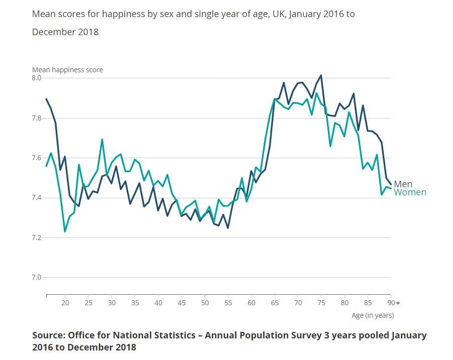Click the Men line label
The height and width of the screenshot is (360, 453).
[x=403, y=184]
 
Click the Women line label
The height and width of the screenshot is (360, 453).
[x=410, y=192]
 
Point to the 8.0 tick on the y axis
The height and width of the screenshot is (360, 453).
[x=38, y=78]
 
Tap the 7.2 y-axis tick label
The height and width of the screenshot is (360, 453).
[x=38, y=237]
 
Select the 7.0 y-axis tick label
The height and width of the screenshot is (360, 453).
[x=38, y=277]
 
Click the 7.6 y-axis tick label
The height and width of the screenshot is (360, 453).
[x=38, y=158]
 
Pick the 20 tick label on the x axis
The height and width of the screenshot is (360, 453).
[x=65, y=303]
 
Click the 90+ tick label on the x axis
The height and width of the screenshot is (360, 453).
[x=394, y=303]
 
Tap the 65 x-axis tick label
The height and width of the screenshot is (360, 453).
[x=274, y=303]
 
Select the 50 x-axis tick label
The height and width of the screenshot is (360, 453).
[x=205, y=303]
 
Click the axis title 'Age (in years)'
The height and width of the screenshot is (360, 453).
[x=372, y=315]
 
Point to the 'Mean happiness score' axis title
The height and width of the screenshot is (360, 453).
[x=67, y=70]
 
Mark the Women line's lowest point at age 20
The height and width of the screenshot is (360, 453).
[x=65, y=231]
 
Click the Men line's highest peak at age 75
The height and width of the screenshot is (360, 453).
[x=320, y=75]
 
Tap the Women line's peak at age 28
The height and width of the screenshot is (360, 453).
[x=102, y=140]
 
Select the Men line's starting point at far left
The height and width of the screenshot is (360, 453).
[x=46, y=99]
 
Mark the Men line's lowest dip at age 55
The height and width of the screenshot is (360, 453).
[x=228, y=228]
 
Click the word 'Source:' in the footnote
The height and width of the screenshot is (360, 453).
[x=48, y=335]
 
